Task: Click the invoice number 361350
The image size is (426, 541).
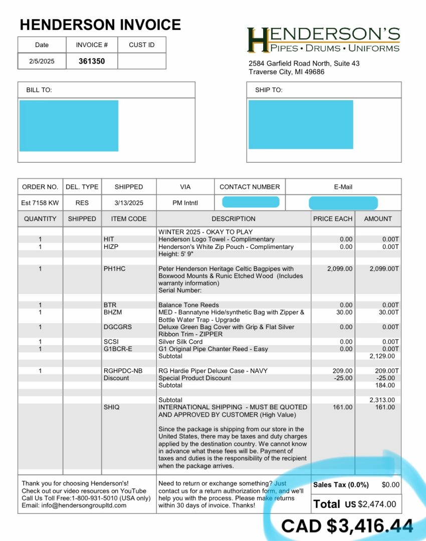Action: [92, 62]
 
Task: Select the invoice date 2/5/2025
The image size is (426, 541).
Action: [42, 62]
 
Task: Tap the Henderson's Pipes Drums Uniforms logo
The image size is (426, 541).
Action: [323, 40]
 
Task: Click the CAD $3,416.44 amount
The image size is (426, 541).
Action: [347, 526]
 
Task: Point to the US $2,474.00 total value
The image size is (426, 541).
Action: [370, 504]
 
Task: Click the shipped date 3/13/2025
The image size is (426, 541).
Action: [129, 203]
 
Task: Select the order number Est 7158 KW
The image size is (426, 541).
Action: [40, 203]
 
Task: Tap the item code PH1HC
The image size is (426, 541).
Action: [115, 269]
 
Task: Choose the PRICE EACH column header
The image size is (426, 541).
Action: [333, 219]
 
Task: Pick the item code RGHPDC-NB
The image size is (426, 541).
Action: [123, 371]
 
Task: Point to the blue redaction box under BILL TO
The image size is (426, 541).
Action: [69, 125]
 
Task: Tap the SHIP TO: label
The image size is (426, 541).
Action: [269, 90]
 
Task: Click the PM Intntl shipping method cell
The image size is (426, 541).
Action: [185, 203]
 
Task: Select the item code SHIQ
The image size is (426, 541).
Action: [111, 407]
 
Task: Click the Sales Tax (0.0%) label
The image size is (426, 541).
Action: [341, 485]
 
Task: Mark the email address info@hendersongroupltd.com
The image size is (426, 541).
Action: [74, 505]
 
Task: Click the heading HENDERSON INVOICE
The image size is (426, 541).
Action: [100, 25]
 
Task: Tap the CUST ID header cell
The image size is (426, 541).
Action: [141, 45]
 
